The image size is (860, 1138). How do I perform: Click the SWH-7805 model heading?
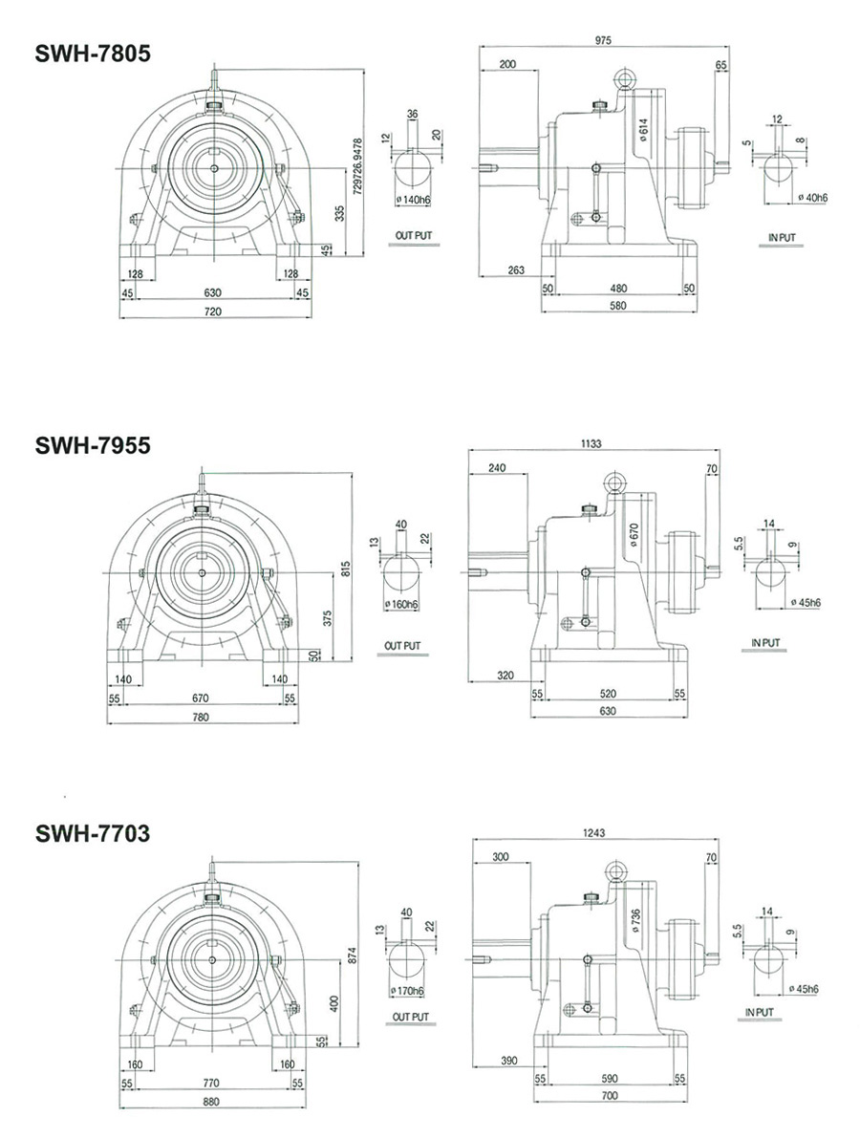pos(92,54)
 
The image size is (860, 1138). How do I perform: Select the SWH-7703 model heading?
pos(92,834)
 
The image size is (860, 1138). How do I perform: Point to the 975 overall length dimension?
pos(602,40)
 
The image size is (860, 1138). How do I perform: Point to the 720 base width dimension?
pos(213,312)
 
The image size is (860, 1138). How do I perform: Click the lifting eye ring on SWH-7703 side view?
pos(614,870)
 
